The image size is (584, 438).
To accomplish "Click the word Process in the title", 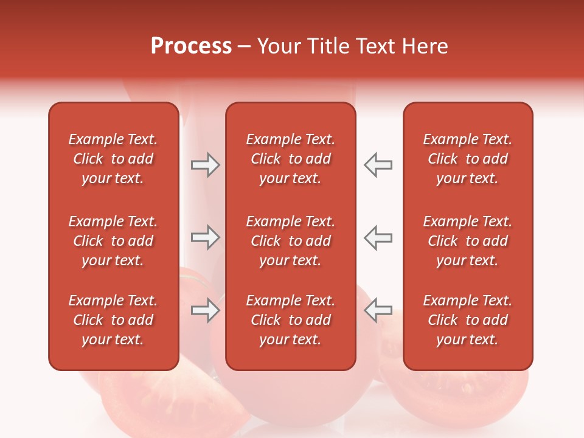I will pos(191,46).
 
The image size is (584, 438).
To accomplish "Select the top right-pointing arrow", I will pos(206,165).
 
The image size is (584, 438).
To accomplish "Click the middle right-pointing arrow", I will pos(206,237).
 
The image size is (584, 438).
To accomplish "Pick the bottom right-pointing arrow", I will pos(206,310).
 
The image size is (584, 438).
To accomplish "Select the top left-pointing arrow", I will pos(378,165).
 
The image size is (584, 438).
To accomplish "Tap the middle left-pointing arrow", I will pos(378,237).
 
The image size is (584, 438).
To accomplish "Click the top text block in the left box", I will pos(113,159).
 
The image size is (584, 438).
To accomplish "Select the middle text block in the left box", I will pos(113,241).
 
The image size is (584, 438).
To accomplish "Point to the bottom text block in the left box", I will pos(113,320).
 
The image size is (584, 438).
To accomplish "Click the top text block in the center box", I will pos(291,159).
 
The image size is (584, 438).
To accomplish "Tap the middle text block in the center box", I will pos(291,241).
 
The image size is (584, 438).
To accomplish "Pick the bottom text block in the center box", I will pos(291,320).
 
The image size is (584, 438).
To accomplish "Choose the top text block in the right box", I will pos(468,159).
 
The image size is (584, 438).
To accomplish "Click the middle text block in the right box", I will pos(468,241).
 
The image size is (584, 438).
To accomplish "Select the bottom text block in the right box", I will pos(468,320).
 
